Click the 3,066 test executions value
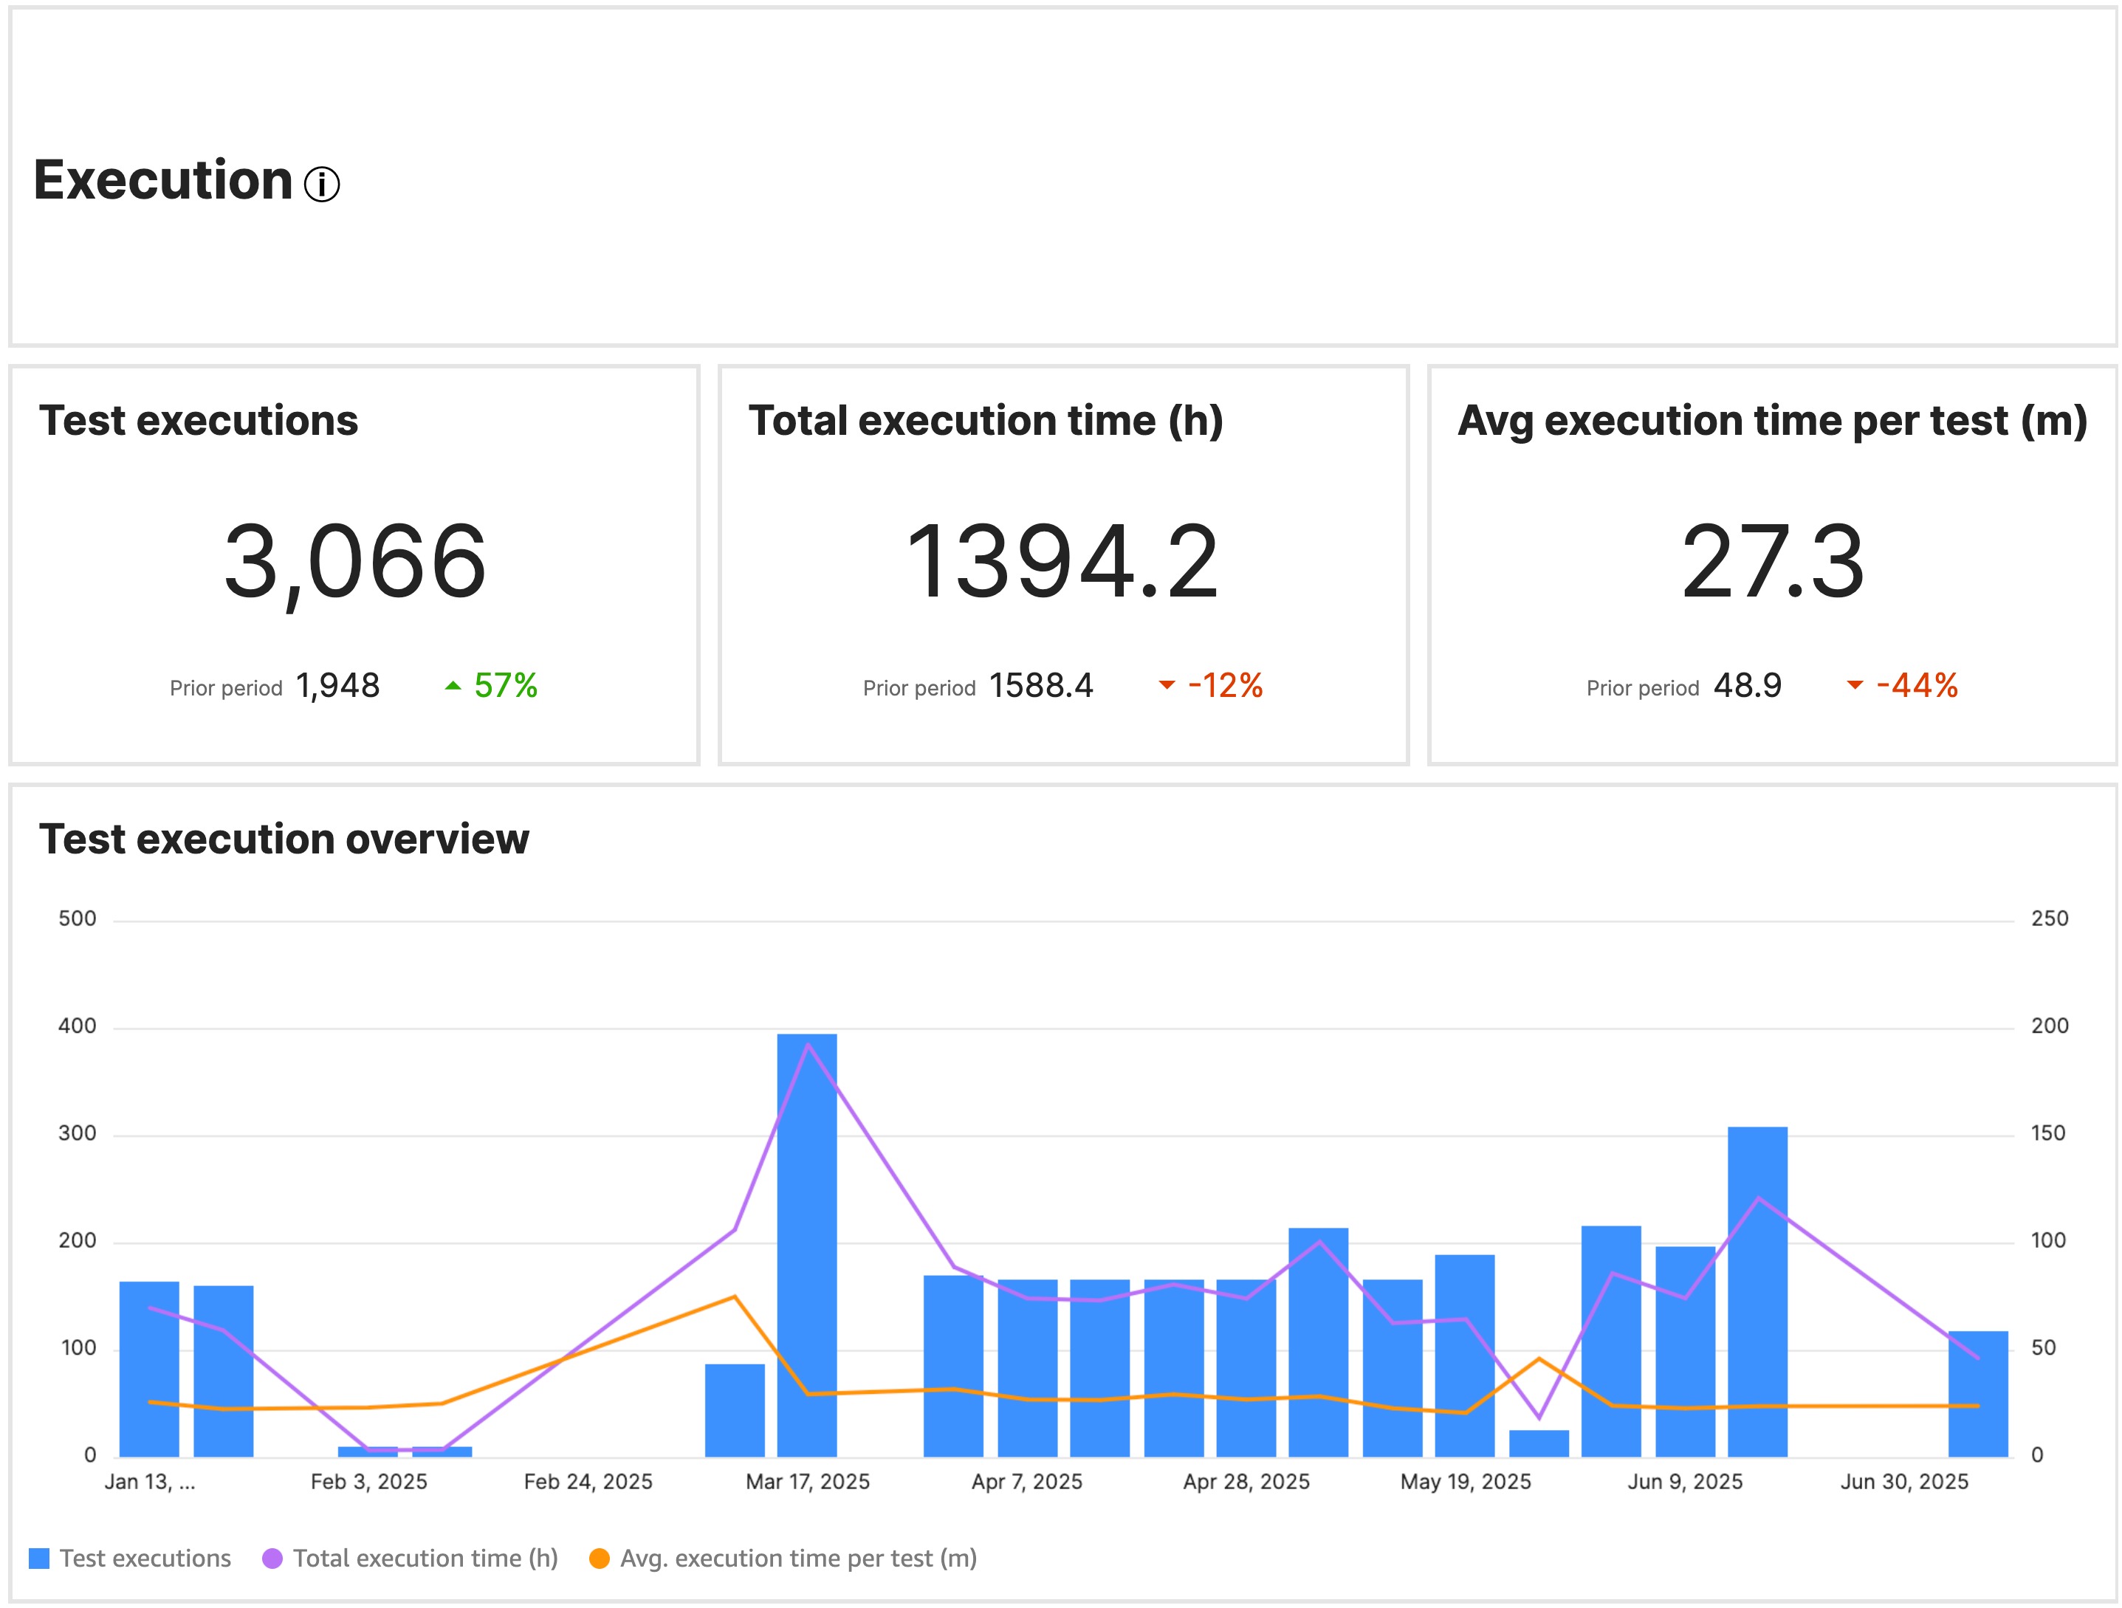pos(355,561)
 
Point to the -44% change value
pos(1916,686)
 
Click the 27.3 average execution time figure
pos(1772,561)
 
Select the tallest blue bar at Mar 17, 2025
pos(807,1247)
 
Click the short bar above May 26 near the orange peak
pos(1539,1443)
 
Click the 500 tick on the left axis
pos(78,918)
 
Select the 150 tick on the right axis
pos(2048,1133)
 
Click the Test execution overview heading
pos(284,839)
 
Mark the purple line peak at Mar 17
pos(808,1044)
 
